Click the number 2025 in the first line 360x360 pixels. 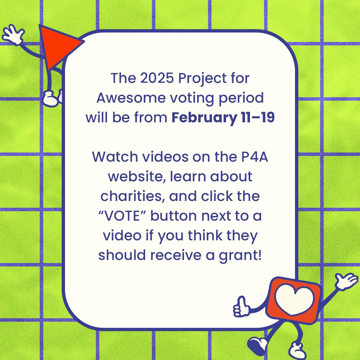[157, 78]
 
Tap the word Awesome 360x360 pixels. [131, 98]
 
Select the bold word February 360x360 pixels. [204, 118]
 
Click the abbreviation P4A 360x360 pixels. [255, 157]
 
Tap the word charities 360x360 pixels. [133, 196]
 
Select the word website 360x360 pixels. [137, 177]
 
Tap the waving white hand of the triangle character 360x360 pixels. [13, 34]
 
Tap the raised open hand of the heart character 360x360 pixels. [346, 281]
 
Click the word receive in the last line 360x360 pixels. [176, 255]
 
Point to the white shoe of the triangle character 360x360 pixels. [51, 99]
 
